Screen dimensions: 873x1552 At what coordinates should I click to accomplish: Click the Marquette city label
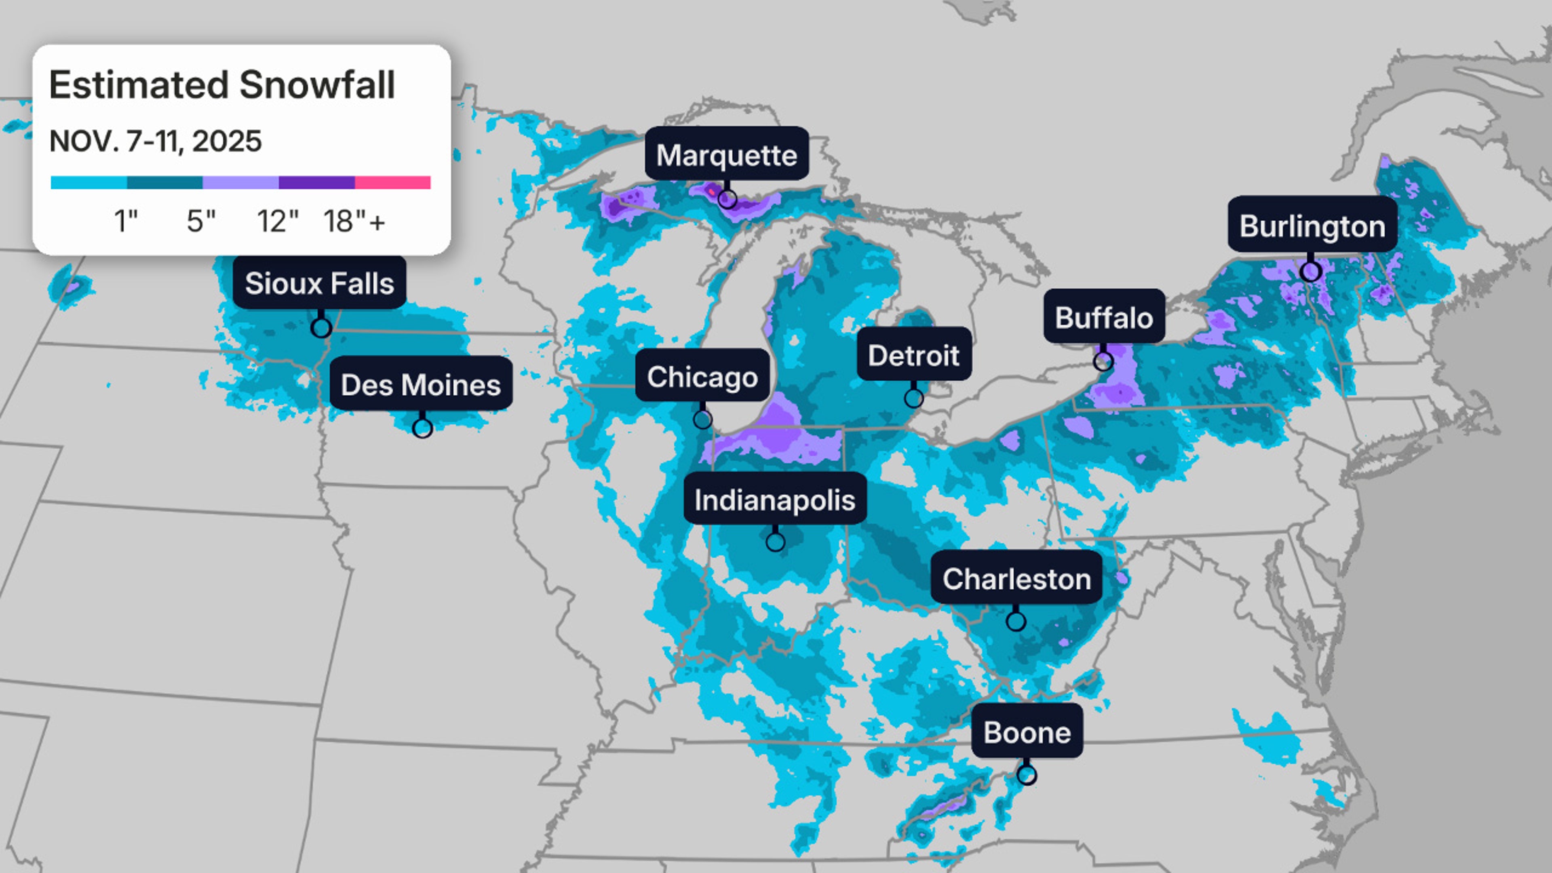click(727, 154)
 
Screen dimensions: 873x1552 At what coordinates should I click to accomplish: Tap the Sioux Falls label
click(319, 283)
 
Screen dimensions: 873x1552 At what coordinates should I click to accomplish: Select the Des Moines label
click(420, 384)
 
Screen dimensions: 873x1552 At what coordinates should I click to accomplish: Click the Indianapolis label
click(775, 499)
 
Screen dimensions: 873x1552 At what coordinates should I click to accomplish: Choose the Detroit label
click(913, 355)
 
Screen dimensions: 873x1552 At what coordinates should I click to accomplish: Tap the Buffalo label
click(1104, 317)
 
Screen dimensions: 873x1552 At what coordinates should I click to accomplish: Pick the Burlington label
click(1312, 226)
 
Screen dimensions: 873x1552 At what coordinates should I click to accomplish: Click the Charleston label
click(1016, 578)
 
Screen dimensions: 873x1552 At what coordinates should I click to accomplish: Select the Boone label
click(1027, 732)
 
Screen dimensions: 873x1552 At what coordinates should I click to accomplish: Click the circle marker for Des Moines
click(422, 428)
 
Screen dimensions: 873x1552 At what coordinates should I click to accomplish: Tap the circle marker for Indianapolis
click(776, 542)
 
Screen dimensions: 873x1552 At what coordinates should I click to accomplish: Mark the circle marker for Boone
click(1027, 774)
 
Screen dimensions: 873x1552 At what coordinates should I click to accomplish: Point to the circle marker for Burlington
click(1310, 272)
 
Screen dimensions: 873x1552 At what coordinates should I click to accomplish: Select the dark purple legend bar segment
click(316, 182)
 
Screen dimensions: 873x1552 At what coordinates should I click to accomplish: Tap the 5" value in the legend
click(200, 221)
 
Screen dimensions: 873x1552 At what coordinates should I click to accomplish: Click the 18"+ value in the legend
click(354, 221)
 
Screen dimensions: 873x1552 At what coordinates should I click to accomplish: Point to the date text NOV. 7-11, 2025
click(156, 141)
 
